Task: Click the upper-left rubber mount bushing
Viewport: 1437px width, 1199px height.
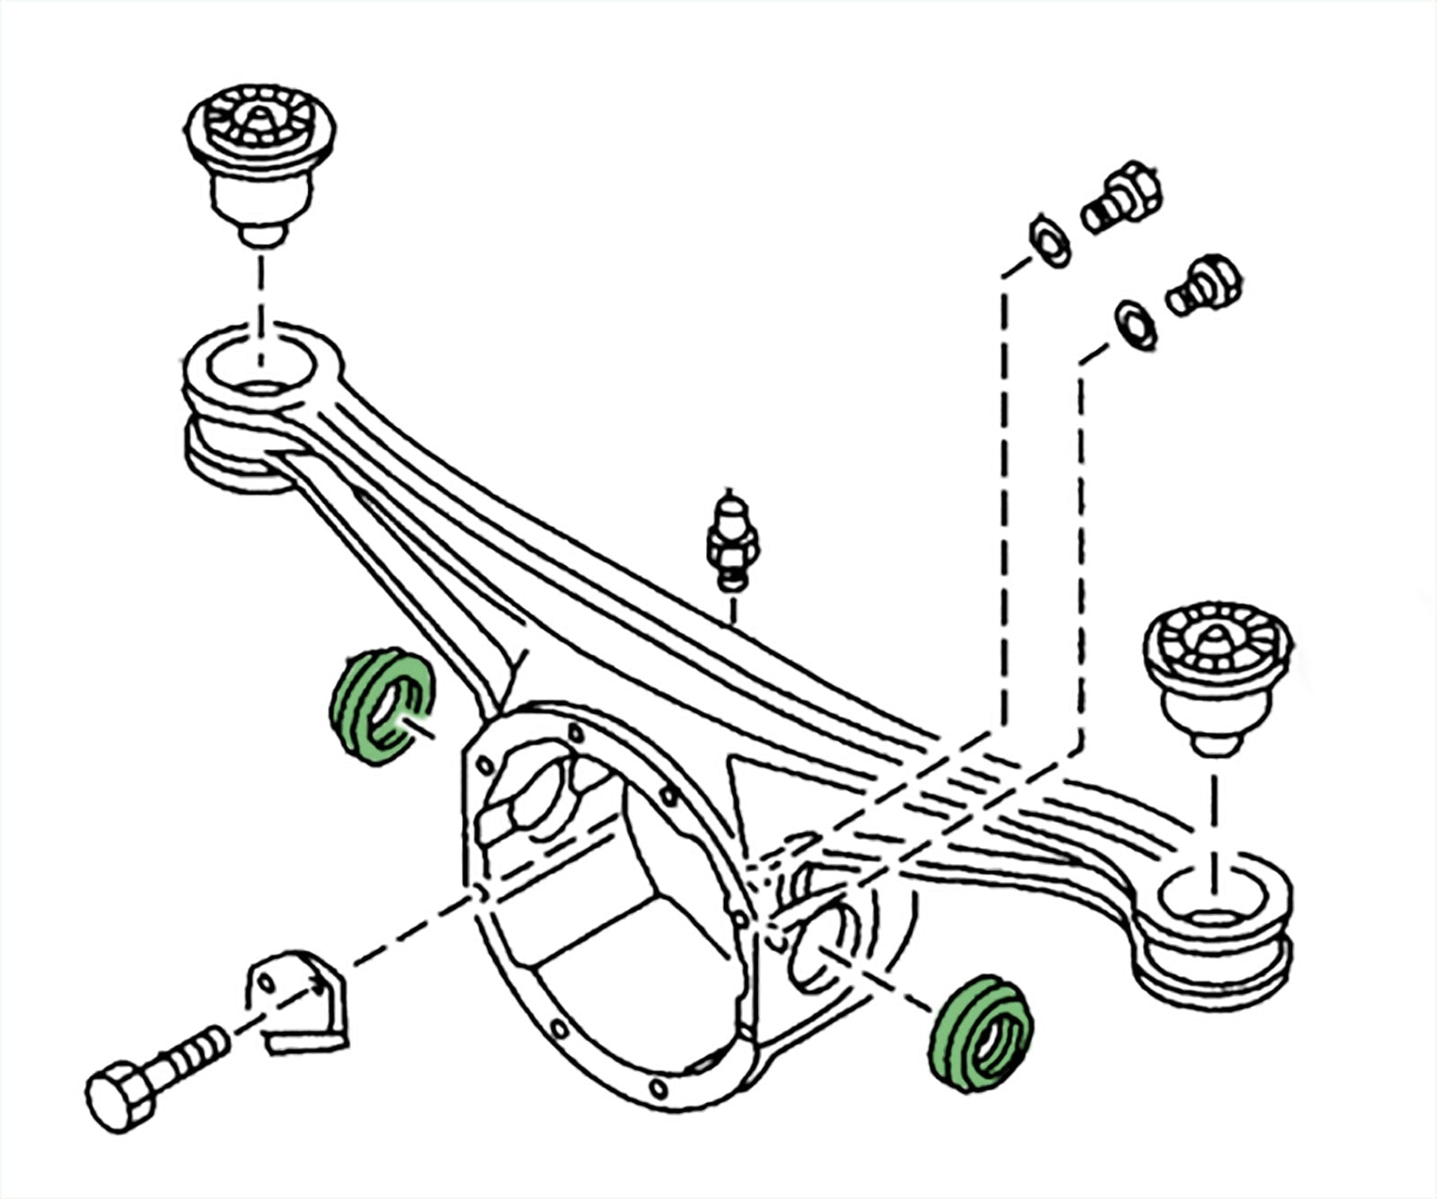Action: tap(260, 162)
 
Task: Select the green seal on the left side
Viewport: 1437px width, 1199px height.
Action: tap(379, 706)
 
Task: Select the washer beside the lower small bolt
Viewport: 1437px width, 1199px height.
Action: tap(1134, 325)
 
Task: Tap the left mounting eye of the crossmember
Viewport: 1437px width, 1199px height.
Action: tap(260, 368)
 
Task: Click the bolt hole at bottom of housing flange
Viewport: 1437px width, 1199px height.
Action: tap(658, 1089)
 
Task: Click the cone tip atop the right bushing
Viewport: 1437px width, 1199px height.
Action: tap(1214, 639)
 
